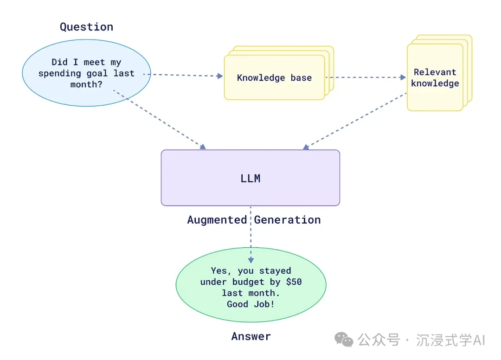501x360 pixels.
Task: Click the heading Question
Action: click(x=86, y=27)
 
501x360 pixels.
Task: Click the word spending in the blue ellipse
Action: click(x=57, y=73)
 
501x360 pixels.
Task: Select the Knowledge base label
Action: click(x=274, y=77)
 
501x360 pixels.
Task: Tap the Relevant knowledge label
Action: click(x=435, y=77)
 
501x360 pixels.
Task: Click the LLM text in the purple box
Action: click(x=250, y=178)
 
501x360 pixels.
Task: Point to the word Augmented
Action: click(x=217, y=220)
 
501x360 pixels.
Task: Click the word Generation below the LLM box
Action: click(x=287, y=220)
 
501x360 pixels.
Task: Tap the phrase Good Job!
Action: click(x=250, y=304)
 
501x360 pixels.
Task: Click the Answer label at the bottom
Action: click(x=250, y=336)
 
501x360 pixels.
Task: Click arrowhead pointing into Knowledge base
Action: click(x=220, y=76)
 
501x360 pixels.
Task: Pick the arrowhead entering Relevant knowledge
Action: click(x=403, y=77)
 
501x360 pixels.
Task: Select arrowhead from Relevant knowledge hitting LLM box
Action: click(x=305, y=148)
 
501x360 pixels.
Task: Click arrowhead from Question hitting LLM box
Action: click(x=203, y=147)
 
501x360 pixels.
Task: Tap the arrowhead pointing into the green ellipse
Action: click(x=250, y=260)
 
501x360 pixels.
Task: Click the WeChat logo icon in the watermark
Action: click(x=344, y=340)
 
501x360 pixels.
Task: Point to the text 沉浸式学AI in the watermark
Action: click(x=450, y=340)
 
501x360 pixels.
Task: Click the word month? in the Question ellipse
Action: click(x=86, y=84)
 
